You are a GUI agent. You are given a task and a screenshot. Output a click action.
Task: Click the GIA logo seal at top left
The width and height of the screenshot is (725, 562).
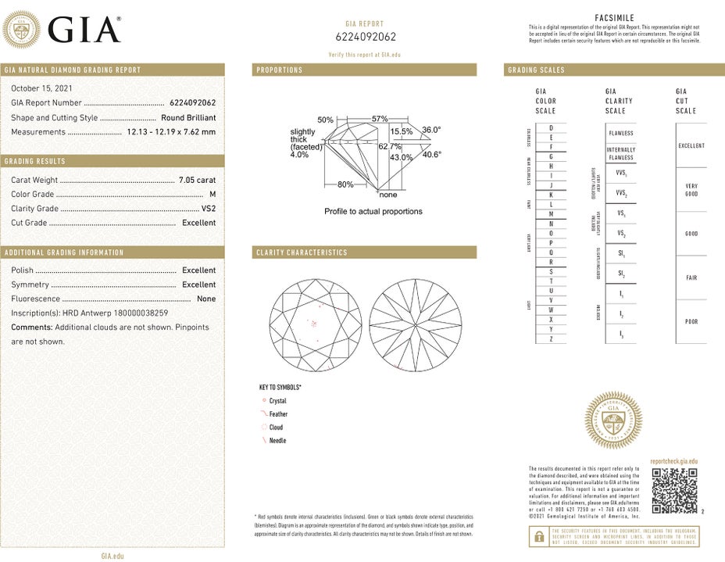(22, 30)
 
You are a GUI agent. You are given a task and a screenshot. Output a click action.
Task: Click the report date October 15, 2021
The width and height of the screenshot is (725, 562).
(41, 88)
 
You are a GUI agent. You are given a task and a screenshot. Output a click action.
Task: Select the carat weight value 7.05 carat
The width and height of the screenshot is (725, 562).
(196, 181)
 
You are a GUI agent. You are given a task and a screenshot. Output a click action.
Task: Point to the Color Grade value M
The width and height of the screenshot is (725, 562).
(212, 195)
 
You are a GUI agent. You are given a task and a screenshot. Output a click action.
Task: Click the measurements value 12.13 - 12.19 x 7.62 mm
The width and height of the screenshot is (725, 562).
(171, 132)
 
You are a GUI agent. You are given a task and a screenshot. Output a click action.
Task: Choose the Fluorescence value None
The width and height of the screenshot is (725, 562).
(206, 299)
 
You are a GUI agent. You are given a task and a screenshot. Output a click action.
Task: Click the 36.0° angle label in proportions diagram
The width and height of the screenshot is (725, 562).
(431, 130)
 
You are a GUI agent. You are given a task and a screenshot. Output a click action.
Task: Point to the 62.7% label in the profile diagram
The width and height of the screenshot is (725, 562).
(390, 146)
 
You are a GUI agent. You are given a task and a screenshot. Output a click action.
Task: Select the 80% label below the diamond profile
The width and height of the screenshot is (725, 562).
(345, 184)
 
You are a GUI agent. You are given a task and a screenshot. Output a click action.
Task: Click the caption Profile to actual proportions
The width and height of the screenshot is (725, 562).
(373, 212)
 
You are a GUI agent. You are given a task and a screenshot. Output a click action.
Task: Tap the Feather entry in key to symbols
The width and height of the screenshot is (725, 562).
(278, 414)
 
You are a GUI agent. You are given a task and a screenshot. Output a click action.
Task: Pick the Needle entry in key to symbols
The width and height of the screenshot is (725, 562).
(277, 441)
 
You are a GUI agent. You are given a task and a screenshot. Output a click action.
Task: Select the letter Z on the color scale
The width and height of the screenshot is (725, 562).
(552, 338)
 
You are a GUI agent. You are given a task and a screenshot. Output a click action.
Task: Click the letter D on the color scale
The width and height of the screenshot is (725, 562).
(552, 127)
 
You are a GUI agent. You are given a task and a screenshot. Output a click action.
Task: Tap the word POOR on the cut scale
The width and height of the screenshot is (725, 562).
(691, 321)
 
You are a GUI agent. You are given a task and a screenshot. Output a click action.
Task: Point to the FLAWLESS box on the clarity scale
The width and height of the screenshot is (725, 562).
(621, 134)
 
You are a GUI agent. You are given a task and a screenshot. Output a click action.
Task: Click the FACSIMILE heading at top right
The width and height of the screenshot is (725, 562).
(615, 17)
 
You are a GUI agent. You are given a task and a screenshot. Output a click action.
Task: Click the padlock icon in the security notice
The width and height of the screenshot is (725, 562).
(538, 535)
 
